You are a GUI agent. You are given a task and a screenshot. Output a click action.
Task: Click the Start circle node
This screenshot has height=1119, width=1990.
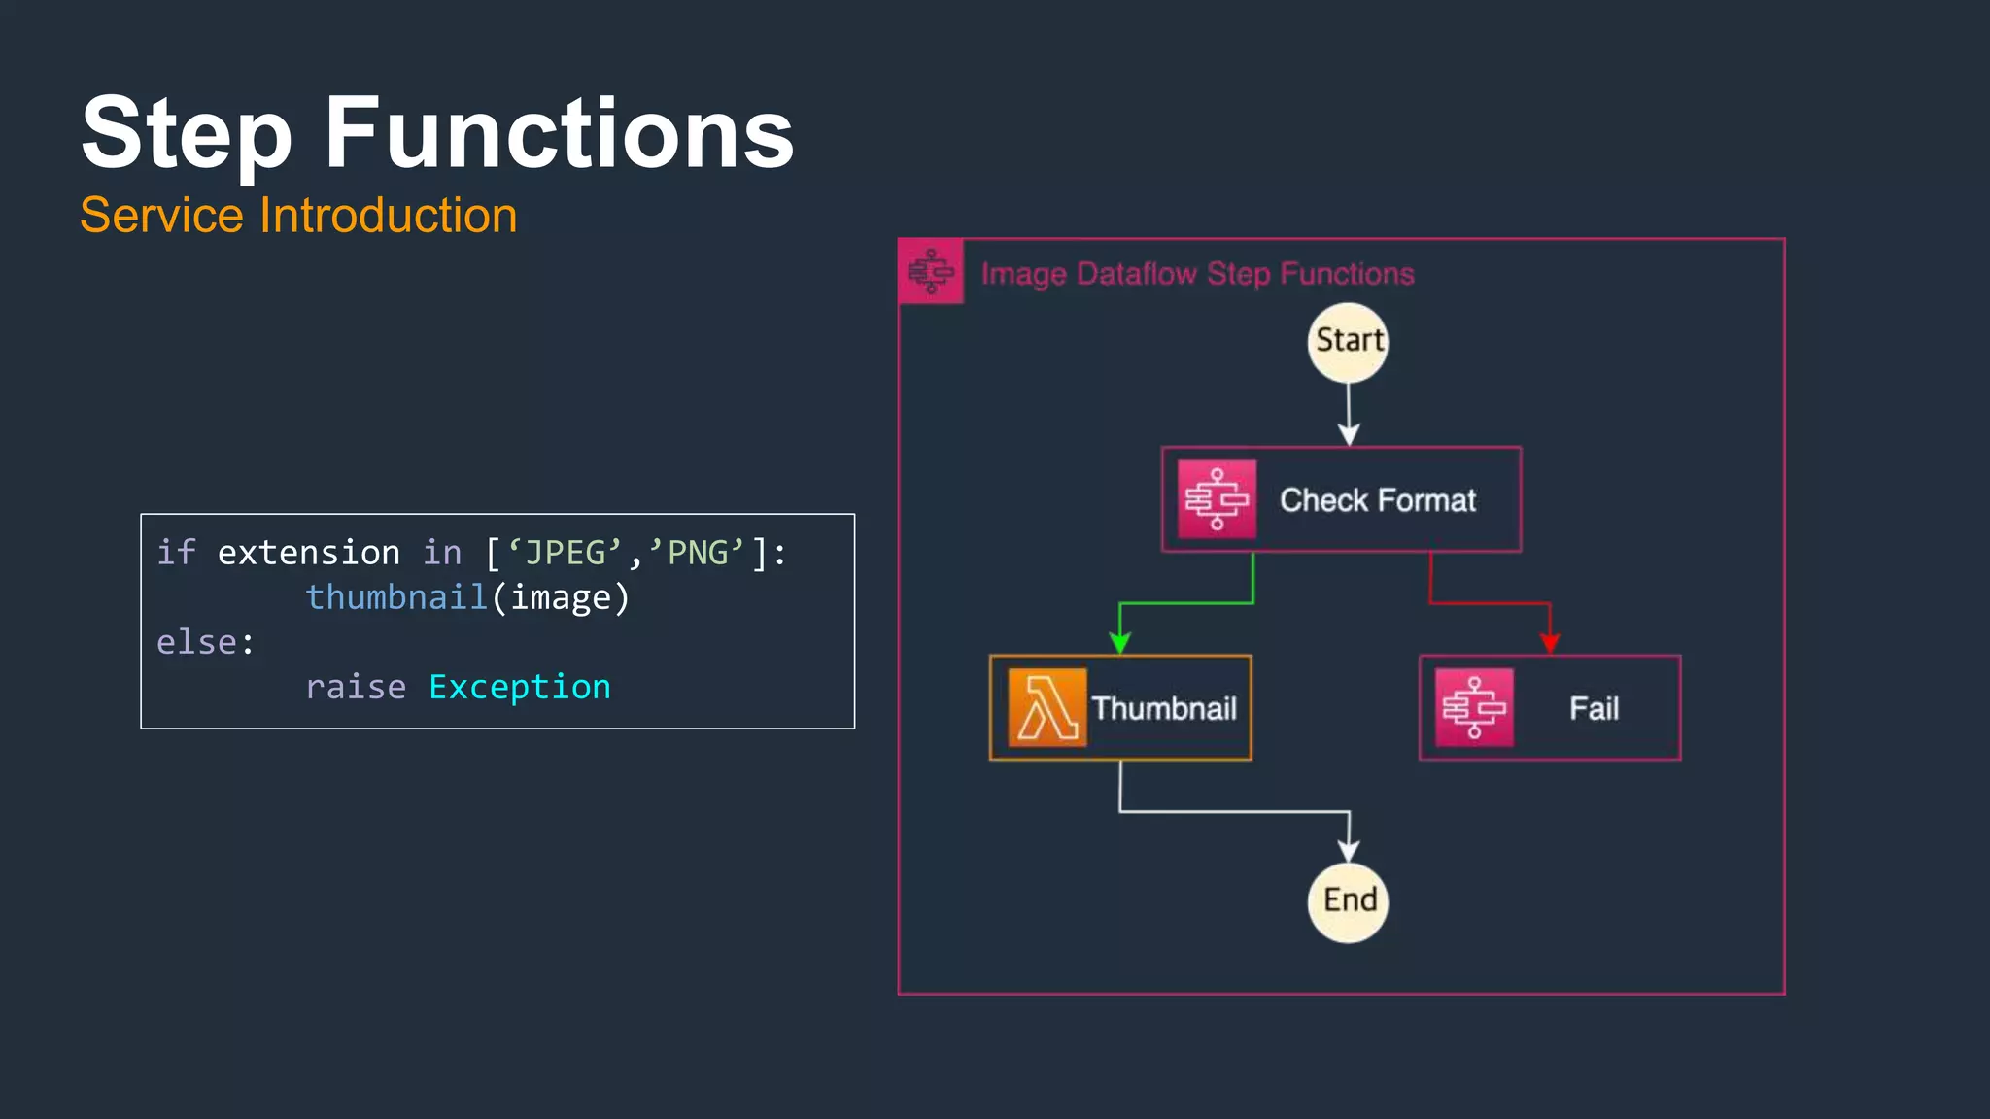point(1348,342)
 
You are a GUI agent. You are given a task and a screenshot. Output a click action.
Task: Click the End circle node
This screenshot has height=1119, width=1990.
point(1348,901)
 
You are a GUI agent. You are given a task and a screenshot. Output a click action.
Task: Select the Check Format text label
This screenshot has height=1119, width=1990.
point(1377,500)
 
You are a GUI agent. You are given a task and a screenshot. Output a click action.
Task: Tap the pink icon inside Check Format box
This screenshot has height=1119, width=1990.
point(1217,499)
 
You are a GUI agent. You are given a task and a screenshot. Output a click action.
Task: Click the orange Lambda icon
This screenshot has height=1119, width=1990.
point(1046,708)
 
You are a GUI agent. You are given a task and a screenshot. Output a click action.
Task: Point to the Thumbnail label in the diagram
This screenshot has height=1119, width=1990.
point(1164,708)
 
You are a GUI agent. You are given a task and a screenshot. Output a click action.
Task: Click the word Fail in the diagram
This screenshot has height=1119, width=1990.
point(1594,708)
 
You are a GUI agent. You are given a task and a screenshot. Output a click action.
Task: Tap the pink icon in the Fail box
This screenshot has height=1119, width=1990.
point(1474,708)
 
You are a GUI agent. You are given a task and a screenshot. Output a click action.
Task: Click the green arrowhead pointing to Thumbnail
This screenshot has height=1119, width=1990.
point(1120,642)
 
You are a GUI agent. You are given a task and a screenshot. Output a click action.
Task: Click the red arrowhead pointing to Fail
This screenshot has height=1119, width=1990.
point(1550,642)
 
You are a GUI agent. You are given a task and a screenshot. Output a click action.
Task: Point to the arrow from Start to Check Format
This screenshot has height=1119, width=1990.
point(1349,413)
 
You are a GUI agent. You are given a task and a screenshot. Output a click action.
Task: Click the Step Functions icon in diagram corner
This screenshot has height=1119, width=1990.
point(931,271)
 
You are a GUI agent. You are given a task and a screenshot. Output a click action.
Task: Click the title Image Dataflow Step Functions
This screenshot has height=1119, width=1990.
point(1197,274)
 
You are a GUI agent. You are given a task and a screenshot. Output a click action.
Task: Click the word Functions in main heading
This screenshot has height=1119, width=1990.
point(559,133)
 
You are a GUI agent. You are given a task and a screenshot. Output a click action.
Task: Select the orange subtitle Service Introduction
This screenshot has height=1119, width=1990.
point(298,215)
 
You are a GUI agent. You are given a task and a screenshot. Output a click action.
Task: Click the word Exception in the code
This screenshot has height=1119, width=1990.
point(520,687)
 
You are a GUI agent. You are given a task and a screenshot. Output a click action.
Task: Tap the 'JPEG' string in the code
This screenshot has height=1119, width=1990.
point(564,553)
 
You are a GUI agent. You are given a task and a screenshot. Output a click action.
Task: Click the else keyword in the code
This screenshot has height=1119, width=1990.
point(197,642)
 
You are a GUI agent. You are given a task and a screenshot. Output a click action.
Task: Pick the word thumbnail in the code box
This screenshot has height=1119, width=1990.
point(396,597)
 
